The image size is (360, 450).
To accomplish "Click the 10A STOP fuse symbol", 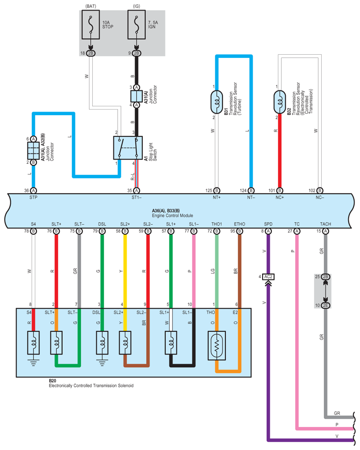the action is click(x=90, y=25).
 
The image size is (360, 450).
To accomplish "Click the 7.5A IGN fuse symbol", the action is click(x=136, y=25).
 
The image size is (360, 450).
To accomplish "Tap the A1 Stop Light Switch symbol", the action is click(x=128, y=148).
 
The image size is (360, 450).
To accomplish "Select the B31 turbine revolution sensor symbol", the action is click(x=217, y=102).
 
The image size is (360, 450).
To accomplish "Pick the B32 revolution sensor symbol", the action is click(x=280, y=102).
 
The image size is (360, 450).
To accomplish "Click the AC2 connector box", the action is click(x=268, y=276).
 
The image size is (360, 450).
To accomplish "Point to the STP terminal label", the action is click(x=33, y=197).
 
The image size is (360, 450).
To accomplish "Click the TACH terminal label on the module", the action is click(x=326, y=224).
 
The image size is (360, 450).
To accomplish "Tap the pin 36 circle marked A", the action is click(x=34, y=191).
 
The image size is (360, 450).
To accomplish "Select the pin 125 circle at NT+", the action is click(x=217, y=191).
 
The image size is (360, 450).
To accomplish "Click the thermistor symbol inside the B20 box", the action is click(x=217, y=345).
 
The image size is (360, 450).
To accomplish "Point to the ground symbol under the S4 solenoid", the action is click(x=34, y=363).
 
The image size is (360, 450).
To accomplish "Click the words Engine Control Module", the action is click(x=172, y=216).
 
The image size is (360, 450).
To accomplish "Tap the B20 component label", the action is click(x=52, y=381).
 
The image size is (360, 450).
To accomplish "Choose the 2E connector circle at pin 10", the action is click(x=326, y=305).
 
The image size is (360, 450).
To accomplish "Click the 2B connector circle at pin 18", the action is click(x=90, y=53).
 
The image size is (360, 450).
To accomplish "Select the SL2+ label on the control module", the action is click(x=125, y=224).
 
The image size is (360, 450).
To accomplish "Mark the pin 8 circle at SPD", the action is click(x=268, y=231).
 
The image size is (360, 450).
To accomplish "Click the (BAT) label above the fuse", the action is click(x=90, y=6).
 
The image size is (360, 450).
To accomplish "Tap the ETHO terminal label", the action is click(x=240, y=224).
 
